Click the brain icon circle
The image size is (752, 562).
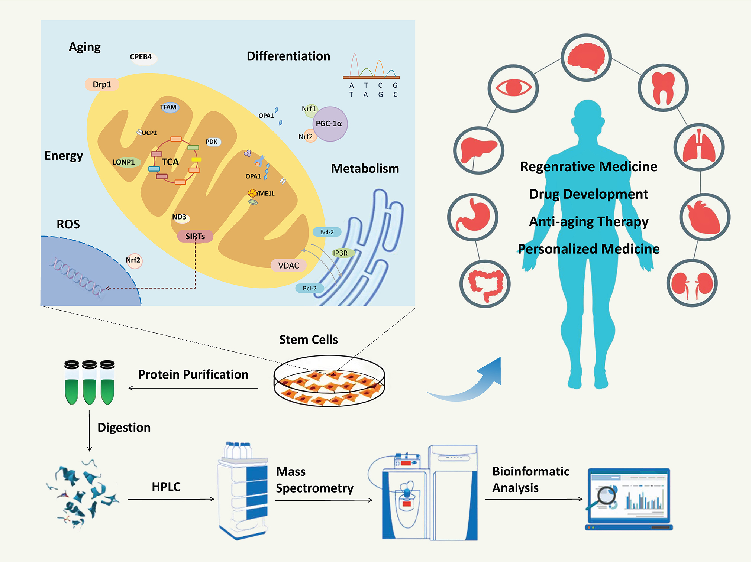tap(586, 58)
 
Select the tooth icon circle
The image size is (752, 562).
tap(663, 88)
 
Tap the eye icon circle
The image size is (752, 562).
tap(513, 88)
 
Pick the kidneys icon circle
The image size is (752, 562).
tap(692, 283)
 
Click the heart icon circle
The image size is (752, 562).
tap(704, 218)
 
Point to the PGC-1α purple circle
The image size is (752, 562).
tap(330, 124)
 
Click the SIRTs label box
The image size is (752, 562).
tap(195, 237)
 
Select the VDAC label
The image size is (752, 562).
tap(288, 266)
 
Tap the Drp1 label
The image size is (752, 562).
tap(102, 85)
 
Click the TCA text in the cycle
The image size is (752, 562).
tap(170, 162)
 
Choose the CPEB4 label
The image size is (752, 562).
tap(141, 57)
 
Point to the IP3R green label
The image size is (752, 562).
tap(341, 253)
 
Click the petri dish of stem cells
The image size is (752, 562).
tap(329, 381)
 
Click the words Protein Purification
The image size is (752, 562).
tap(193, 374)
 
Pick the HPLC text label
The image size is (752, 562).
tap(166, 487)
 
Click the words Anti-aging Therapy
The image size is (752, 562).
tap(588, 222)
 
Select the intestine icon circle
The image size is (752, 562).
tap(485, 284)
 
